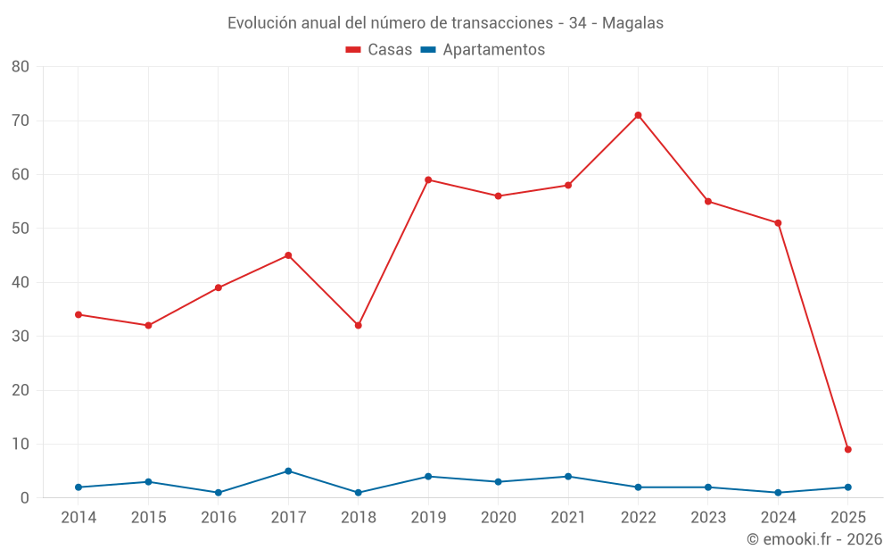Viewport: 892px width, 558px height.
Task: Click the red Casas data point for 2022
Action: tap(638, 115)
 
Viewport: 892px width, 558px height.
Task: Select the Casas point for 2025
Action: tap(848, 449)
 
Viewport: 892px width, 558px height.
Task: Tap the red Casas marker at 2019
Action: tap(428, 179)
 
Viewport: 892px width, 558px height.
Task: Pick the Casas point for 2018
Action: tap(359, 325)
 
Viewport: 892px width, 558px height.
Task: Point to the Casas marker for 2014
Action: tap(78, 314)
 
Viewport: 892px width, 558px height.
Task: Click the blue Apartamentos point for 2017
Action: tap(288, 471)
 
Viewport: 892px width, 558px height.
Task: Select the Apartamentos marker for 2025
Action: tap(848, 487)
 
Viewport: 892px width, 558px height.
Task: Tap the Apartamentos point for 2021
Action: tap(568, 476)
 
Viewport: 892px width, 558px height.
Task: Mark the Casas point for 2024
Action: tap(778, 223)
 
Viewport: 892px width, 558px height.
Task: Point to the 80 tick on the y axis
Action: tap(21, 67)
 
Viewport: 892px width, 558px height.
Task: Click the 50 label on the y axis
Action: tap(21, 229)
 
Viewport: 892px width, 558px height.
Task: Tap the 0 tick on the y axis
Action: tap(25, 498)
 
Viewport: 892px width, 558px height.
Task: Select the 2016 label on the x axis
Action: tap(219, 518)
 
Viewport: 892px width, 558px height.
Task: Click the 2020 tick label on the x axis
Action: tap(498, 518)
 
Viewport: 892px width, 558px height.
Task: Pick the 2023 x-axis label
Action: tap(708, 518)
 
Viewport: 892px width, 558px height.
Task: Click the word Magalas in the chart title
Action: tap(632, 23)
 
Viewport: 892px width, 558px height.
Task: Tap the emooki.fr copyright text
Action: tap(814, 539)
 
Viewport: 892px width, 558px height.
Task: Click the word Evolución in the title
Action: tap(259, 23)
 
